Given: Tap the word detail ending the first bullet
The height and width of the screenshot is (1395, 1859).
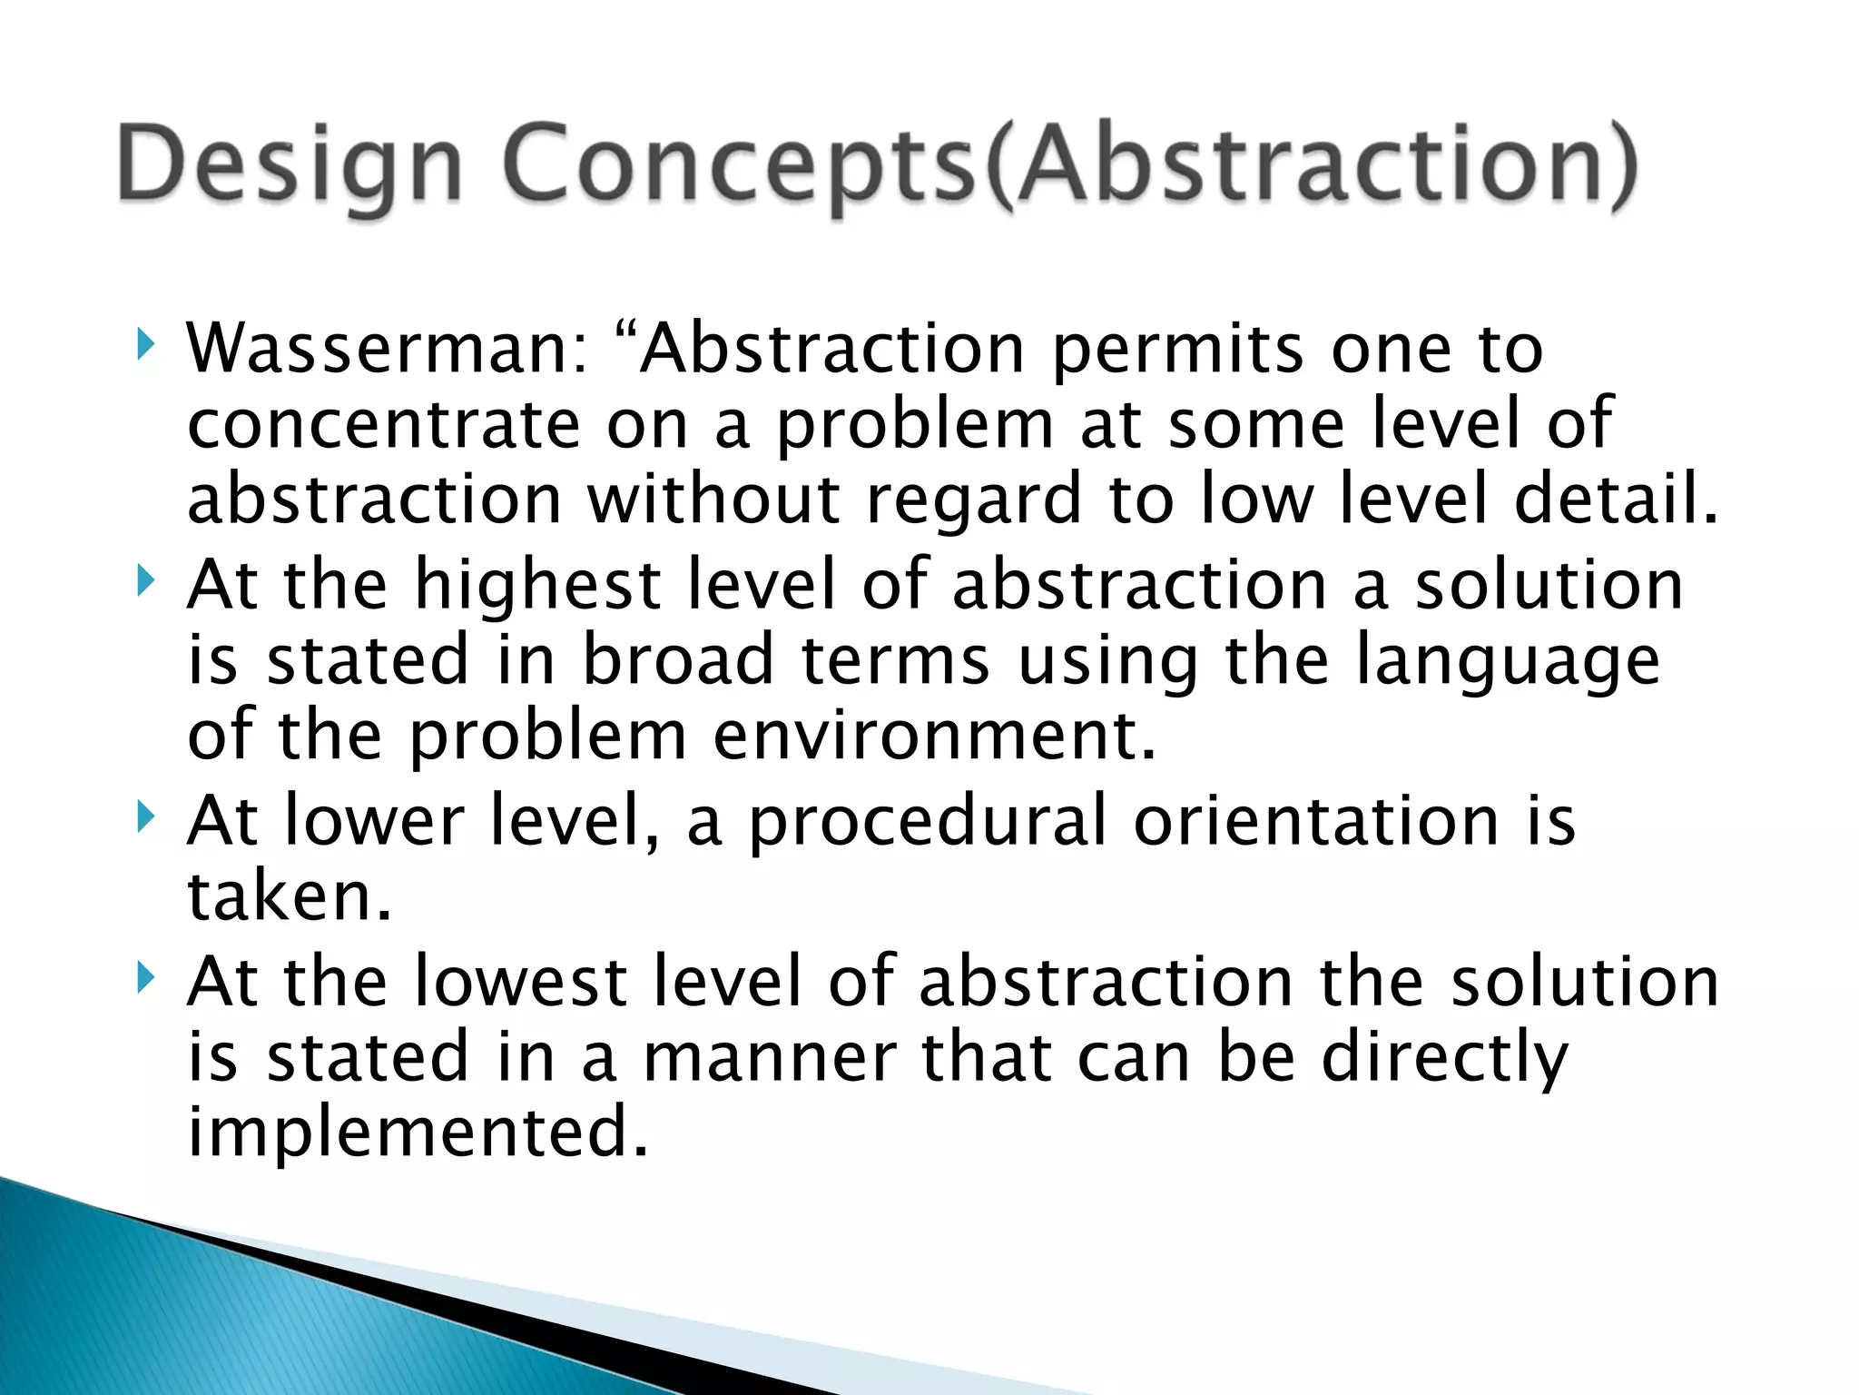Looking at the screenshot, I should pos(1615,500).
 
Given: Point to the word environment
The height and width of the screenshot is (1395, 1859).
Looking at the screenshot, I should pos(934,735).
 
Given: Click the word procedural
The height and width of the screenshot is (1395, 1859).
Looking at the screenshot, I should pos(927,821).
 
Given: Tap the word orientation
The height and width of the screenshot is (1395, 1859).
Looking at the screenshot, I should pos(1316,821).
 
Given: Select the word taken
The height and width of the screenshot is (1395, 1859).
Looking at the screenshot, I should pos(289,896).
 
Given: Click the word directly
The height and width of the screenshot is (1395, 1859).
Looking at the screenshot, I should pos(1444,1057).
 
